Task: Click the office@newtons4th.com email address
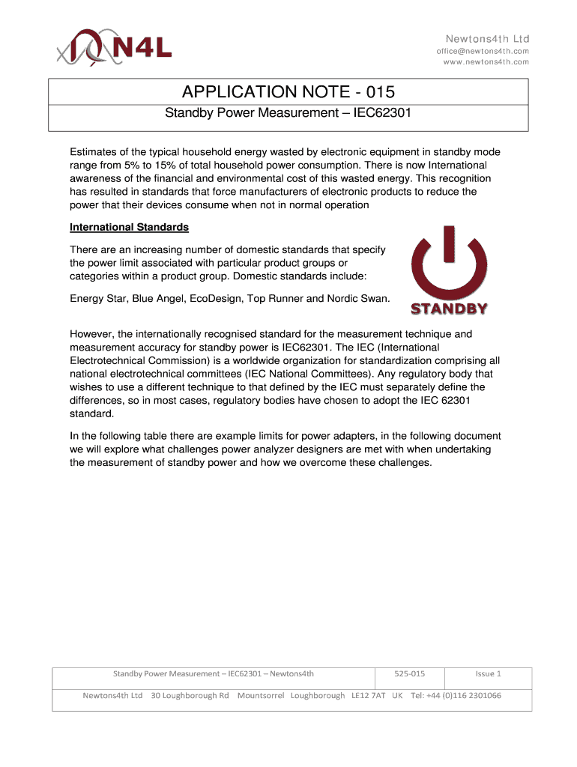pos(483,51)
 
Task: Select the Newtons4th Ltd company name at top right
pos(488,38)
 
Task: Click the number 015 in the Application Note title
pos(377,92)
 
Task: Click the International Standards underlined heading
pos(129,227)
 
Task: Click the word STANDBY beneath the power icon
pos(449,308)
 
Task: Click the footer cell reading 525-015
pos(409,673)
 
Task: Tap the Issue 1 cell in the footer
pos(488,673)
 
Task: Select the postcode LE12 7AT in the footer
pos(369,695)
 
